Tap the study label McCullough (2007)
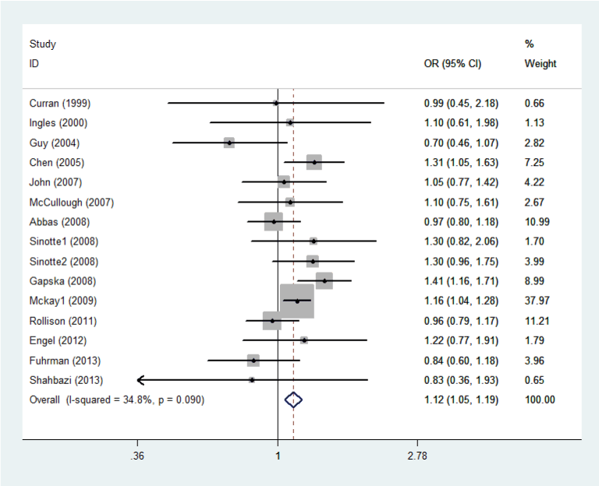click(x=72, y=202)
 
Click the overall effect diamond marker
click(x=293, y=400)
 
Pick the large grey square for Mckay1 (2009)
click(x=297, y=301)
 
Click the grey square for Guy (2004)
click(x=229, y=143)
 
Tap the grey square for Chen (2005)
click(x=314, y=162)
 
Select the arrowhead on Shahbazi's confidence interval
click(x=140, y=380)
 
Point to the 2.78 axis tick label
click(x=416, y=456)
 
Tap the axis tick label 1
click(x=278, y=456)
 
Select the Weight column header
click(x=541, y=64)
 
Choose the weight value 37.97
click(x=538, y=301)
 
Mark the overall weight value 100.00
click(x=541, y=400)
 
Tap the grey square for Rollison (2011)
click(x=272, y=320)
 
